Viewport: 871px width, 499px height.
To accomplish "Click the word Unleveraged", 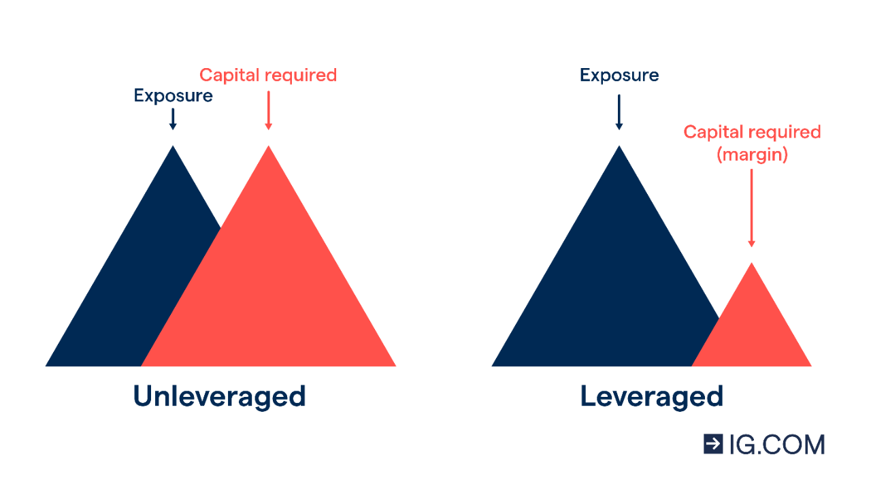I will [x=219, y=396].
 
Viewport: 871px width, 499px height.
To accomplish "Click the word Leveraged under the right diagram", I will [x=651, y=396].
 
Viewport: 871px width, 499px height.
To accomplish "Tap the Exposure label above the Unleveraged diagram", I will [x=173, y=96].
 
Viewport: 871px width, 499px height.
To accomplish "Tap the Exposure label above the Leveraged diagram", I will [x=619, y=75].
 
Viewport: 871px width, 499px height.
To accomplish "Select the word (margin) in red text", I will [x=752, y=155].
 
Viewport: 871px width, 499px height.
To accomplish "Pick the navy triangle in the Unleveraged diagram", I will [x=136, y=293].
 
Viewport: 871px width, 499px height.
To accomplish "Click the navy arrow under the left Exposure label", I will [x=173, y=118].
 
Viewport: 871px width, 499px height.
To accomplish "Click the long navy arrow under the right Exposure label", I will [x=619, y=112].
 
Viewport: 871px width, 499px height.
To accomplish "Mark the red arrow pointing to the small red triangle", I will [x=751, y=208].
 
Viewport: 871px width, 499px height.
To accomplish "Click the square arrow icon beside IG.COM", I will [x=713, y=444].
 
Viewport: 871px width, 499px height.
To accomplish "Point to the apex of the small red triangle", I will [x=752, y=265].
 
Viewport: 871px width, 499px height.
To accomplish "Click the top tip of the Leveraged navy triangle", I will [x=619, y=148].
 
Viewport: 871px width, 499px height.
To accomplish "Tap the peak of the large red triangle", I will [x=269, y=148].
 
